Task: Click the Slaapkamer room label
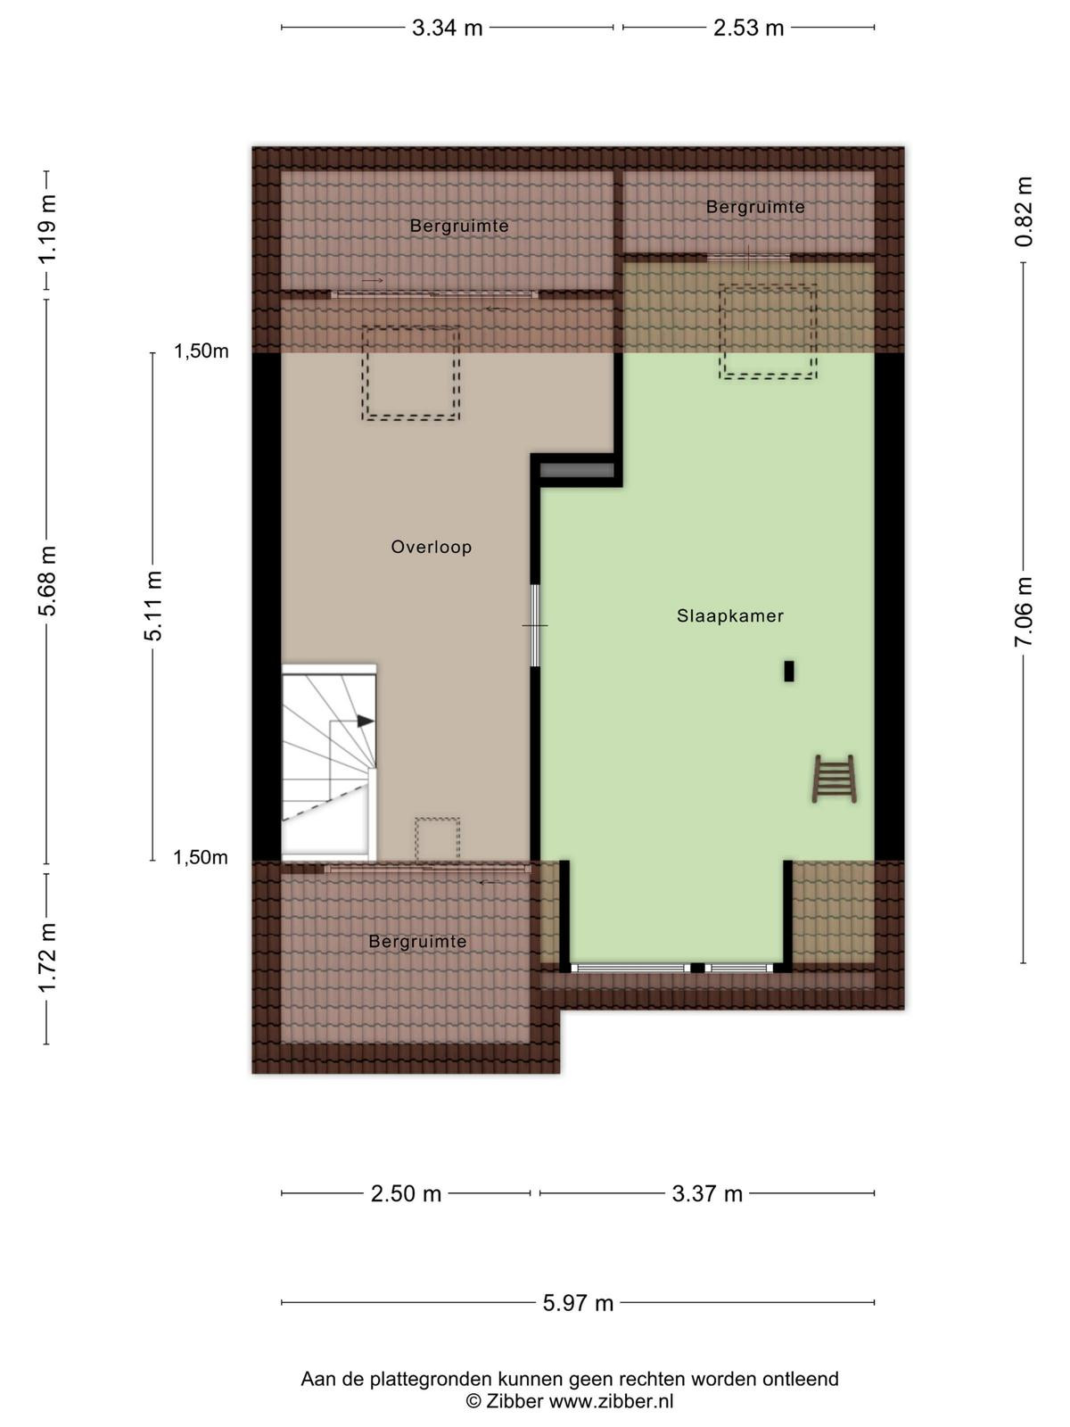click(x=729, y=615)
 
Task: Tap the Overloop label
click(x=432, y=547)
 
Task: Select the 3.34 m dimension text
click(x=447, y=28)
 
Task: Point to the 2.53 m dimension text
click(x=748, y=28)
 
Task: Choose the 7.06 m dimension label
click(x=1024, y=612)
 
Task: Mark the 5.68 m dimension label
click(x=47, y=581)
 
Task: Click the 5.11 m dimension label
click(x=153, y=606)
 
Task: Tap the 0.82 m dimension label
click(x=1024, y=212)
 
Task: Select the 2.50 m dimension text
click(x=406, y=1194)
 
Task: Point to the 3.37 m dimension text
click(x=707, y=1194)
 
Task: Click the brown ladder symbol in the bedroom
click(x=834, y=779)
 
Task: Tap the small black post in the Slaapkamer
click(x=789, y=671)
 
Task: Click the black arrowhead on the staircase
click(x=366, y=721)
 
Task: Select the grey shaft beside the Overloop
click(x=577, y=470)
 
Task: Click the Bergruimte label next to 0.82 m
click(x=755, y=207)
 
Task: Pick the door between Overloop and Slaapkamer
click(x=535, y=625)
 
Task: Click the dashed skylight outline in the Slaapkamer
click(x=767, y=332)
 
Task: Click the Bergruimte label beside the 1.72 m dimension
click(x=417, y=941)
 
